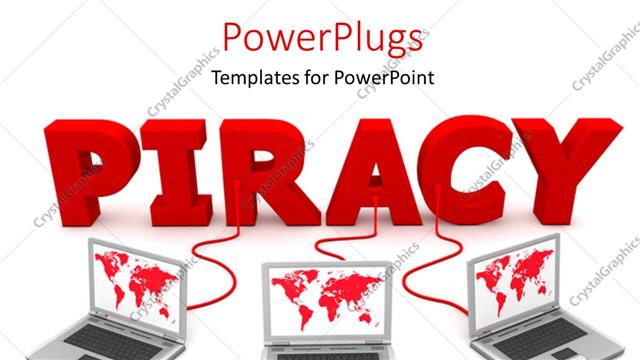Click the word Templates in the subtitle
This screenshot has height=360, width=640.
tap(249, 78)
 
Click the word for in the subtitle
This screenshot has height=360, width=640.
tap(308, 78)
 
